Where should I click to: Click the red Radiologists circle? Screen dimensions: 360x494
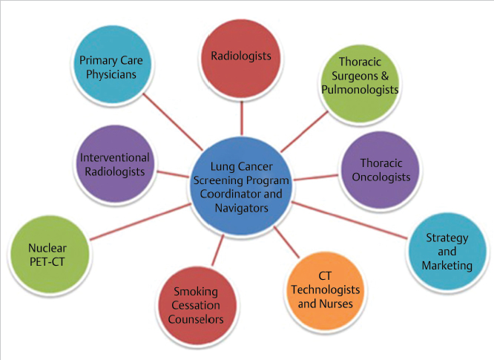click(x=241, y=56)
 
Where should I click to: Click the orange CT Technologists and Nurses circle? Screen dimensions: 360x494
click(x=324, y=290)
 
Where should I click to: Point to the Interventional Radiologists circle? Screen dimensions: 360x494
click(x=115, y=164)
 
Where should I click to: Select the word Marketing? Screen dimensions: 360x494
click(x=447, y=265)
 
